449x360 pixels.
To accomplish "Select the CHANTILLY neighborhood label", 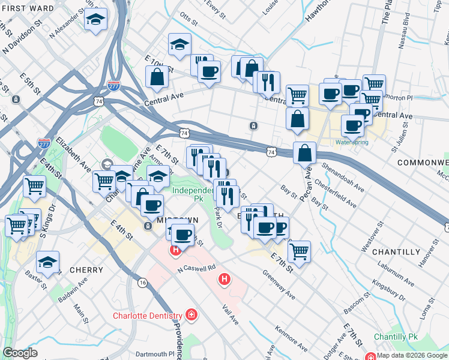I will pos(396,252).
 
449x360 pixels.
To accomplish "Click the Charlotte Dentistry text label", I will pos(148,316).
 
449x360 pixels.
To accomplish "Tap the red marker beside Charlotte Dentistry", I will pos(191,314).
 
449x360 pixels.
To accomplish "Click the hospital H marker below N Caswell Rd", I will pos(224,279).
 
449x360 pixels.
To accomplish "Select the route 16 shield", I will pos(142,282).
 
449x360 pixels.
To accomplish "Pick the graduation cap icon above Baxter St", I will pos(47,262).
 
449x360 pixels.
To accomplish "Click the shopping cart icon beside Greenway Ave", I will pos(298,253).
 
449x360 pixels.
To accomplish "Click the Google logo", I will pos(20,353).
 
